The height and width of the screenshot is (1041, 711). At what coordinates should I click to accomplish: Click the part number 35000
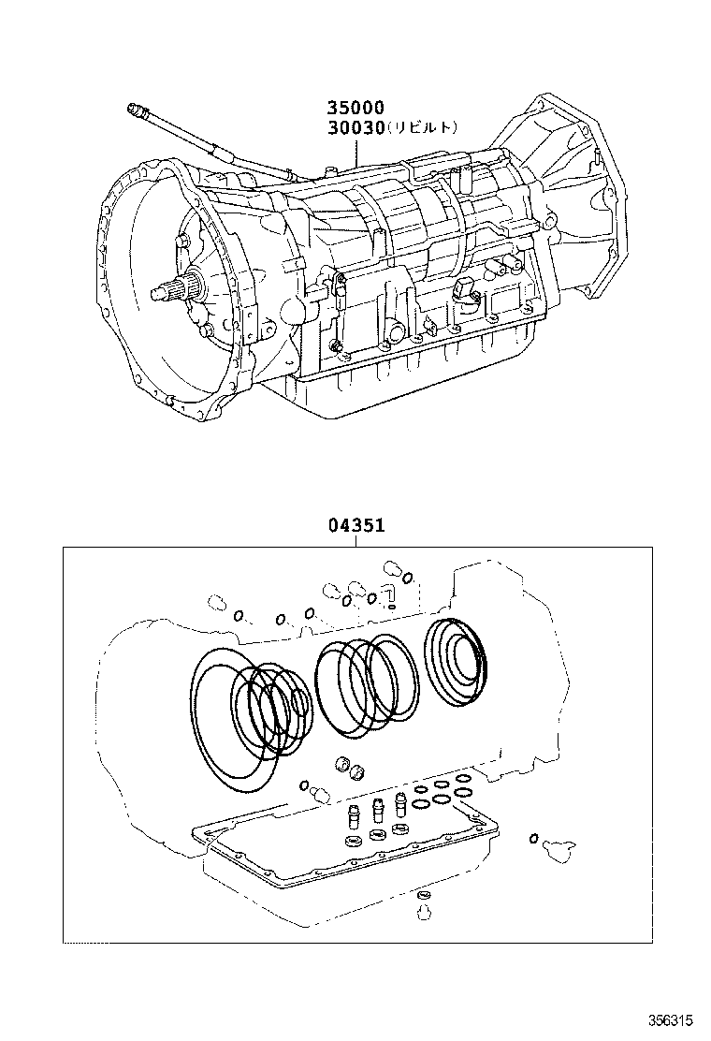355,109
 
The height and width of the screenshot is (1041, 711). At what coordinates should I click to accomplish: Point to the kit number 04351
356,527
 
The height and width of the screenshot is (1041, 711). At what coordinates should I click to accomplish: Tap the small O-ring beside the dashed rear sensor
532,838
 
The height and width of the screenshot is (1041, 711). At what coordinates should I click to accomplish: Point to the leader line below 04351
356,542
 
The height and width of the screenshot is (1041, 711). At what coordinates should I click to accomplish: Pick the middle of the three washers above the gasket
379,835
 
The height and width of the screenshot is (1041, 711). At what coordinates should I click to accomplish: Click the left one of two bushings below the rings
342,762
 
